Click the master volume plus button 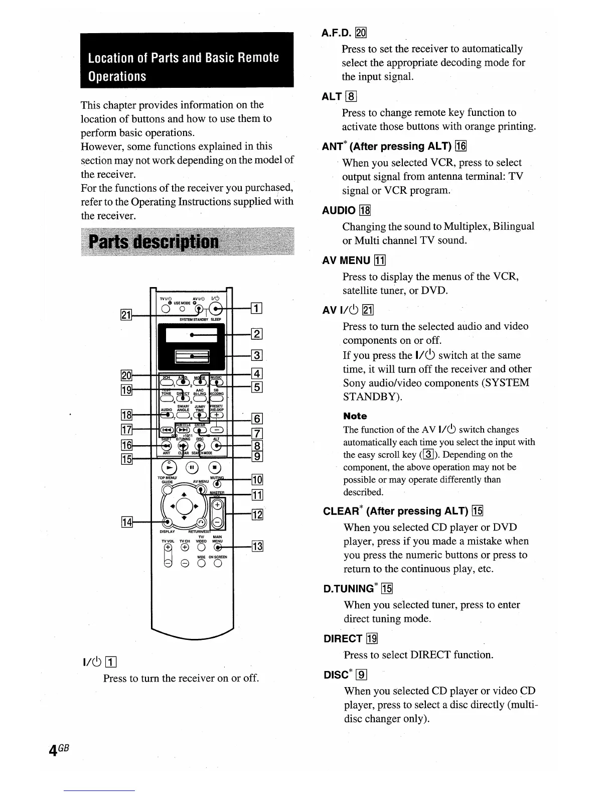tap(217, 505)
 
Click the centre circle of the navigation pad tap(184, 505)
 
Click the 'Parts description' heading tap(153, 242)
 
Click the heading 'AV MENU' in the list tap(347, 260)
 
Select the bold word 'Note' tap(355, 416)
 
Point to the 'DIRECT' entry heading tap(343, 638)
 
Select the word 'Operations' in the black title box tap(117, 76)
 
